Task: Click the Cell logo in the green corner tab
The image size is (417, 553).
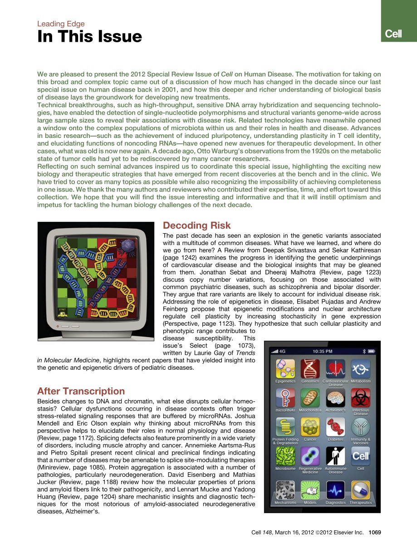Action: click(393, 34)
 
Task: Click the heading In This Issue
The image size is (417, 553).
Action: click(89, 37)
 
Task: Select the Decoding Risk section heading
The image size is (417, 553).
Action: click(196, 225)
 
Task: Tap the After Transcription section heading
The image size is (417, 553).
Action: click(81, 391)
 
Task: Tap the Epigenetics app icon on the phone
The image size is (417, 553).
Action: click(285, 369)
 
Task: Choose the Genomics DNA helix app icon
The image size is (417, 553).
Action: click(310, 369)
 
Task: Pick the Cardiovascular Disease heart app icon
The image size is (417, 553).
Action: click(335, 369)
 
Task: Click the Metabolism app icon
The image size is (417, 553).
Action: click(361, 369)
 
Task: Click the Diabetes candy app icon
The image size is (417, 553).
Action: click(335, 427)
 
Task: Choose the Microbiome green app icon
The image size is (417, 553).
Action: click(285, 456)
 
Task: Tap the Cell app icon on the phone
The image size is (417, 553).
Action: click(361, 456)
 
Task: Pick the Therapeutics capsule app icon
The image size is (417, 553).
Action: click(361, 490)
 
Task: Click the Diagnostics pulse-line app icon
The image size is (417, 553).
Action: click(335, 490)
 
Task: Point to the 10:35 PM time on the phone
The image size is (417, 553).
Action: click(322, 351)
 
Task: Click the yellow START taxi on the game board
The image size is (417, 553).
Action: click(62, 313)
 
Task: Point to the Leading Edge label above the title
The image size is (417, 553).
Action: click(61, 24)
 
